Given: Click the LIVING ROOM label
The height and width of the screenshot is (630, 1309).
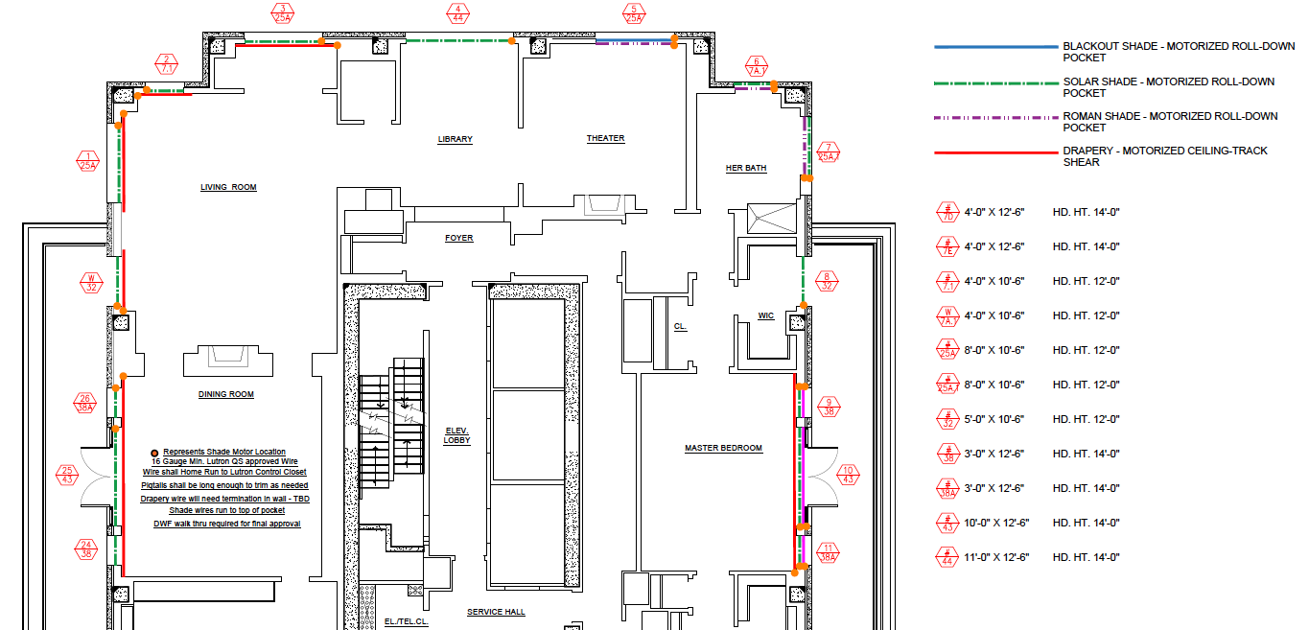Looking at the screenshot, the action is [228, 187].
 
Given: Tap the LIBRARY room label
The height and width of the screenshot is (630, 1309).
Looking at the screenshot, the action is [456, 139].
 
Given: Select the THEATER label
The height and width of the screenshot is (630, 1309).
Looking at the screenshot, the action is [605, 138].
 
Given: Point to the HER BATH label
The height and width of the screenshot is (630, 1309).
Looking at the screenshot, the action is [746, 168].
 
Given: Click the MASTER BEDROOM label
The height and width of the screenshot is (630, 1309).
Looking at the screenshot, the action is [723, 448].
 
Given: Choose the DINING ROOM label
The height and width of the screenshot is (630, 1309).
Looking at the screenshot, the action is [226, 394].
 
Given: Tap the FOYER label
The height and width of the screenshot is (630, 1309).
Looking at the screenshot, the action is [458, 238].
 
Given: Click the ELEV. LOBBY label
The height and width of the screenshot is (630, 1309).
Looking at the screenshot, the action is [457, 435].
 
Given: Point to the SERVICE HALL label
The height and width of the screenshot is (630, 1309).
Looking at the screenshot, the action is [496, 612].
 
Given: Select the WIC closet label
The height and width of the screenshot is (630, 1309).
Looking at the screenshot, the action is [765, 315].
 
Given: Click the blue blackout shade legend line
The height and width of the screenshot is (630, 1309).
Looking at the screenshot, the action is [995, 47].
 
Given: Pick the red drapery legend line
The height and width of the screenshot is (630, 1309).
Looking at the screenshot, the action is [995, 152].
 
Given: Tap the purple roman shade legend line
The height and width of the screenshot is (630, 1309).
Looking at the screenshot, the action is [995, 118].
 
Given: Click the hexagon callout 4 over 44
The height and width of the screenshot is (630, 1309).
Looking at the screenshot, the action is [458, 13].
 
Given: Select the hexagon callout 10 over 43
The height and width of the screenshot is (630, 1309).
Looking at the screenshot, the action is [848, 475].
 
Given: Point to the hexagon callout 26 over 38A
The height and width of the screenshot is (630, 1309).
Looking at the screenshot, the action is [85, 404].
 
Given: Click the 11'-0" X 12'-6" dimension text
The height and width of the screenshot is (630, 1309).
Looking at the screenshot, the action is [996, 557].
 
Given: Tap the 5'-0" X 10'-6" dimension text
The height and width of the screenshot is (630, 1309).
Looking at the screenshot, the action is [994, 420].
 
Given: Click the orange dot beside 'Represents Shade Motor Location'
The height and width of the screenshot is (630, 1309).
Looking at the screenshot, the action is [154, 453].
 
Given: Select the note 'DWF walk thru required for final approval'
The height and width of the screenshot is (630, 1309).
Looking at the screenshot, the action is [226, 524].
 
